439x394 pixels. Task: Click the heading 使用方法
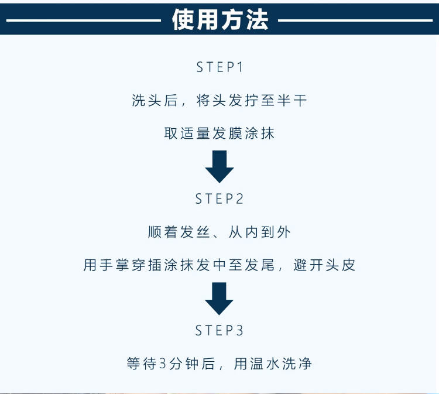pyautogui.click(x=220, y=20)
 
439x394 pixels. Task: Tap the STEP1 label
pyautogui.click(x=220, y=67)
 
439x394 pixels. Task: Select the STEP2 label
pyautogui.click(x=220, y=199)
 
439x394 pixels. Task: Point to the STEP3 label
pyautogui.click(x=220, y=331)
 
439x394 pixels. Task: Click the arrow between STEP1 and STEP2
pyautogui.click(x=220, y=166)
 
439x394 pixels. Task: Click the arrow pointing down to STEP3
pyautogui.click(x=220, y=298)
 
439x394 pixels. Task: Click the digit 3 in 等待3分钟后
pyautogui.click(x=163, y=364)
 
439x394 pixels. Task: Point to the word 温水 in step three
pyautogui.click(x=259, y=364)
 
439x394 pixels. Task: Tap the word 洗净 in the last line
pyautogui.click(x=299, y=364)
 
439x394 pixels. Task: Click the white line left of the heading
pyautogui.click(x=82, y=20)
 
